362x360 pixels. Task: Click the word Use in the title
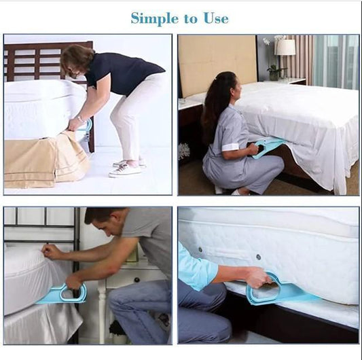[213, 18]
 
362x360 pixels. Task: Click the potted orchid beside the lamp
[274, 68]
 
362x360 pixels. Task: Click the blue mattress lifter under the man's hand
[62, 294]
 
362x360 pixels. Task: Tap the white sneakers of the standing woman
[126, 168]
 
